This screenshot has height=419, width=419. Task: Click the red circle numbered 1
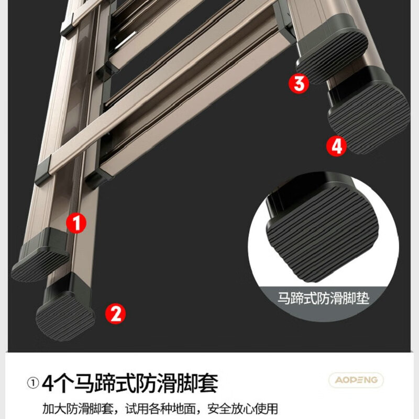point(77,224)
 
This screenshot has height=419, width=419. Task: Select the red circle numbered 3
point(299,84)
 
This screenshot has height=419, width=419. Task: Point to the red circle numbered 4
point(336,146)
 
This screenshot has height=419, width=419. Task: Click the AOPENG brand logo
point(356,380)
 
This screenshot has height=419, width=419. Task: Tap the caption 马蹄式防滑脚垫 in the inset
point(323,299)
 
